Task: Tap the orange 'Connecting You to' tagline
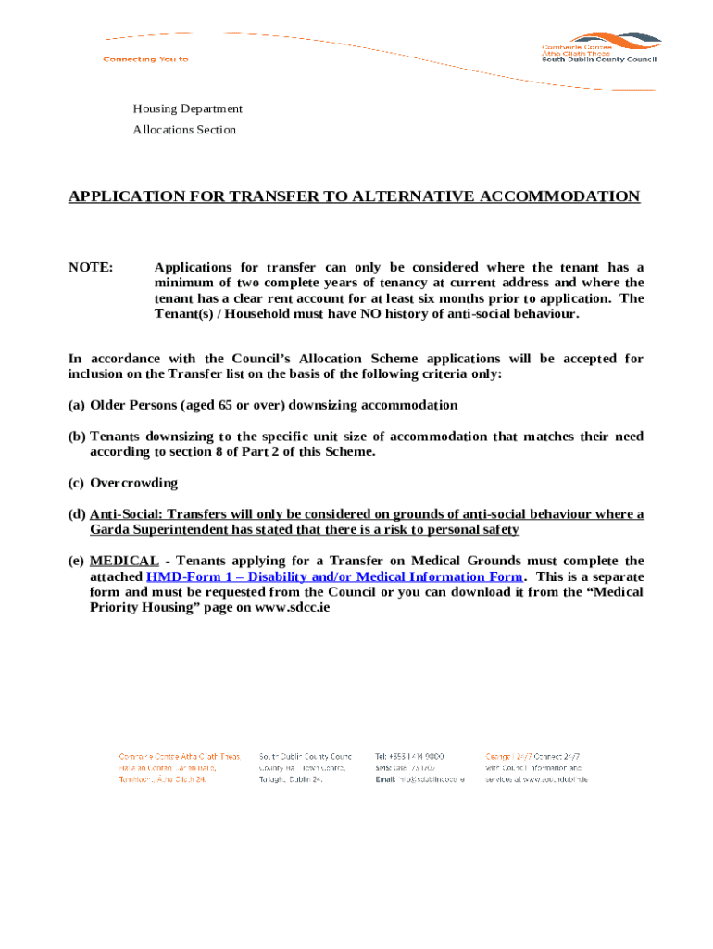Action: pyautogui.click(x=144, y=59)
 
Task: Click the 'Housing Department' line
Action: pyautogui.click(x=187, y=108)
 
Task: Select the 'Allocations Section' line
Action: pyautogui.click(x=184, y=130)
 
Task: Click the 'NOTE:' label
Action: pyautogui.click(x=91, y=268)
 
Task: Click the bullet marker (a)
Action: pyautogui.click(x=77, y=405)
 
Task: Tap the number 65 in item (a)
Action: pyautogui.click(x=219, y=405)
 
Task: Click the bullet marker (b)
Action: pyautogui.click(x=77, y=437)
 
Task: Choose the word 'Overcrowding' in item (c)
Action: pyautogui.click(x=133, y=483)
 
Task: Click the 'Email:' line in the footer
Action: pyautogui.click(x=419, y=779)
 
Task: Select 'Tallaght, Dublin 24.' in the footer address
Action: pyautogui.click(x=291, y=779)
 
